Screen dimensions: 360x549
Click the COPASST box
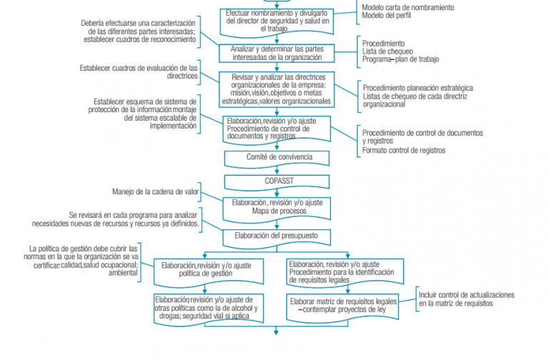pyautogui.click(x=276, y=181)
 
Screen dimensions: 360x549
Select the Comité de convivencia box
pyautogui.click(x=276, y=156)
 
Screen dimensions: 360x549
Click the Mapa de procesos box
pyautogui.click(x=276, y=207)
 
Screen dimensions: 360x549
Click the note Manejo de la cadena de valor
pyautogui.click(x=156, y=192)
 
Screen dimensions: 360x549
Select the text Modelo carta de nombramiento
pyautogui.click(x=407, y=6)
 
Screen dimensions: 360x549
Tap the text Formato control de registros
pyautogui.click(x=404, y=151)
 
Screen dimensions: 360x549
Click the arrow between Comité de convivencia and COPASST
pyautogui.click(x=276, y=169)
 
